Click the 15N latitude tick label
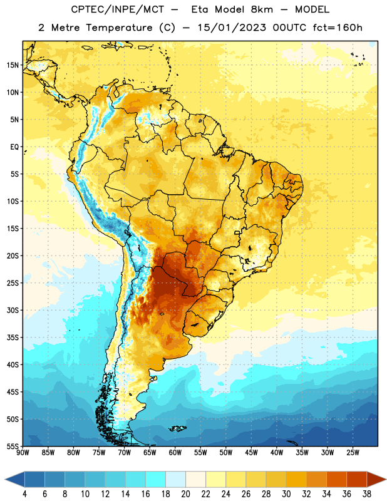[x=13, y=65]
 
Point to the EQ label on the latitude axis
[x=14, y=147]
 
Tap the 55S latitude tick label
[x=13, y=446]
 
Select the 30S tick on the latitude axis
[x=13, y=310]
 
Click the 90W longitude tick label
[x=23, y=453]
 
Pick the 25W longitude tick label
[x=353, y=453]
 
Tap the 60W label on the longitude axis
[x=175, y=453]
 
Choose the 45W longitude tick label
[x=251, y=453]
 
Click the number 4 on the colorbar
[x=24, y=494]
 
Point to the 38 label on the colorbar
[x=367, y=494]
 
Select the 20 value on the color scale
[x=185, y=494]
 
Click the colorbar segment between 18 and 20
[x=175, y=480]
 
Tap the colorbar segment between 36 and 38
[x=357, y=480]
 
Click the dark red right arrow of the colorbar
[x=376, y=480]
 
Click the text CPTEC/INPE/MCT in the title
[x=118, y=9]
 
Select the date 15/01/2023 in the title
[x=232, y=28]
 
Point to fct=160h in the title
[x=338, y=28]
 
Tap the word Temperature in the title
[x=119, y=28]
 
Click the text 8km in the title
[x=262, y=9]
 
